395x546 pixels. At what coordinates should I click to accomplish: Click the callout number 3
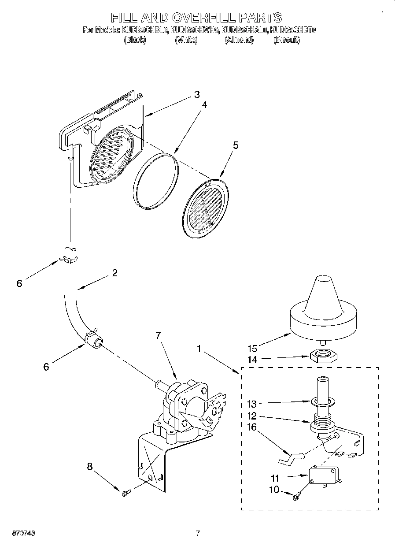(196, 94)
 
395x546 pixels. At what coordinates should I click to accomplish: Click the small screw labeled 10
(295, 497)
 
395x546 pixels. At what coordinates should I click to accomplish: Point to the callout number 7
(159, 335)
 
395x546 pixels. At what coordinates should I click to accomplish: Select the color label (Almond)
(239, 40)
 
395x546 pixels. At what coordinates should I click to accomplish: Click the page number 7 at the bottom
(198, 534)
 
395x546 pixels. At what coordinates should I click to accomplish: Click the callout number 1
(199, 349)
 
